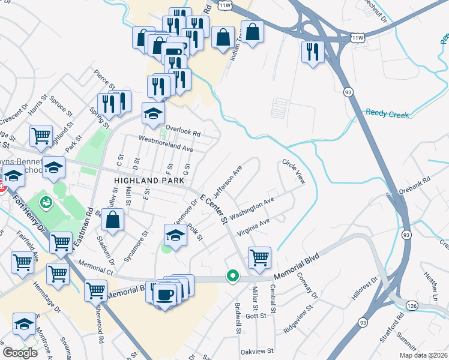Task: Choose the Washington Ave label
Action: [252, 207]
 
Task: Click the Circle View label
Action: [294, 171]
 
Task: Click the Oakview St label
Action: [256, 350]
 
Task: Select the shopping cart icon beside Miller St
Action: [259, 257]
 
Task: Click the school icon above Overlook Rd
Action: [153, 112]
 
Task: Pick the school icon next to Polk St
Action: [175, 235]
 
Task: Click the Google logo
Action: [20, 353]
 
